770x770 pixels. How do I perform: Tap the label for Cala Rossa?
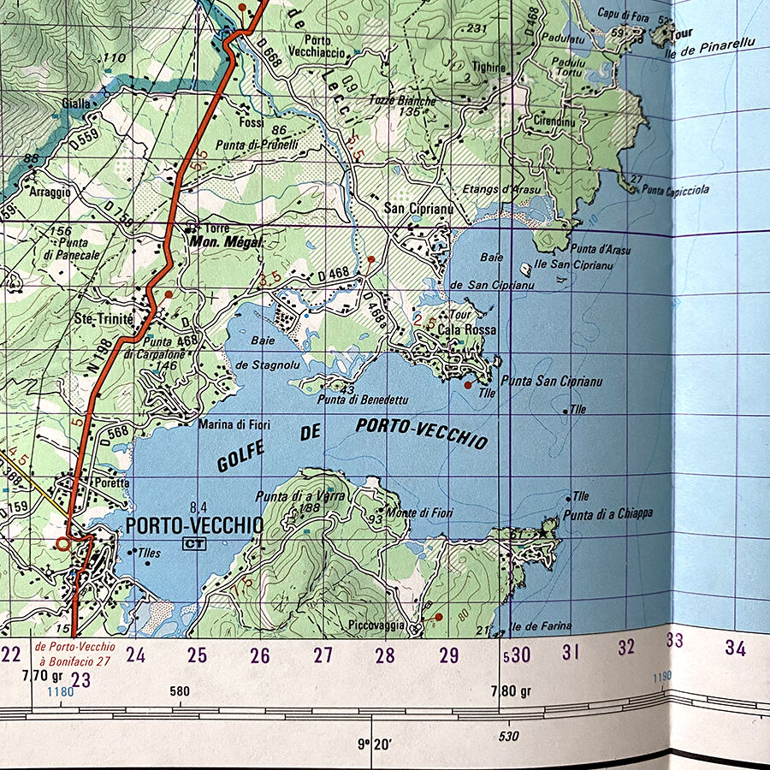[x=466, y=329]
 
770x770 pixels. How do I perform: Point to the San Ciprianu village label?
[x=417, y=208]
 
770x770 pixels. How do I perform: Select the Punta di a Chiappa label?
[x=607, y=513]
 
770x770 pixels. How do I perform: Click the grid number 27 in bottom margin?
[x=323, y=656]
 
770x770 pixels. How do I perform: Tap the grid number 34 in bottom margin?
[x=735, y=649]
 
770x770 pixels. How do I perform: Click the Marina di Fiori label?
[x=234, y=423]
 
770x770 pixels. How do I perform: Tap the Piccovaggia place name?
[x=376, y=625]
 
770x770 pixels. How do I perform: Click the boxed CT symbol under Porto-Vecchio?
[x=193, y=544]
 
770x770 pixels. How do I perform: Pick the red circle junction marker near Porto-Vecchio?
[x=62, y=542]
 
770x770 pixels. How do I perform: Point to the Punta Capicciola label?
[x=676, y=190]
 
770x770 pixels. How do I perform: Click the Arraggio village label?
[x=50, y=192]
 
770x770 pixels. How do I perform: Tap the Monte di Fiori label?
[x=419, y=512]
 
